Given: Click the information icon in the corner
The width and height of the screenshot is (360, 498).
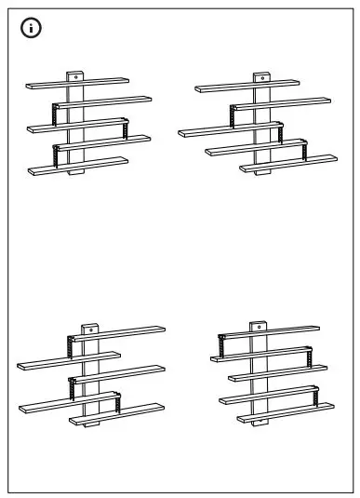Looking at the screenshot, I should tap(32, 29).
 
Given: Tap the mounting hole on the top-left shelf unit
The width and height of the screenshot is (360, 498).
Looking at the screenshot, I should tap(75, 75).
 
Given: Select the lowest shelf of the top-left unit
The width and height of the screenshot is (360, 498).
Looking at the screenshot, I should tap(78, 165).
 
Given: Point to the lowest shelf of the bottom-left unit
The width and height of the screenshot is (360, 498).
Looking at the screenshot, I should tap(116, 413).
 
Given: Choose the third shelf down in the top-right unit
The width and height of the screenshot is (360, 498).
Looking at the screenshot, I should tap(228, 128).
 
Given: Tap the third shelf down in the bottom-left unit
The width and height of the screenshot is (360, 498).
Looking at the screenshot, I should tap(116, 373).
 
